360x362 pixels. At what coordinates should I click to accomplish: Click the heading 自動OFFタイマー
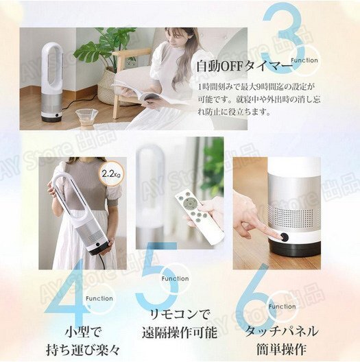pos(239,67)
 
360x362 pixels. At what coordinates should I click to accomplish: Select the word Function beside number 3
pos(304,60)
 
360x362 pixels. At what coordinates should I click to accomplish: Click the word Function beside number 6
pos(282,306)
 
